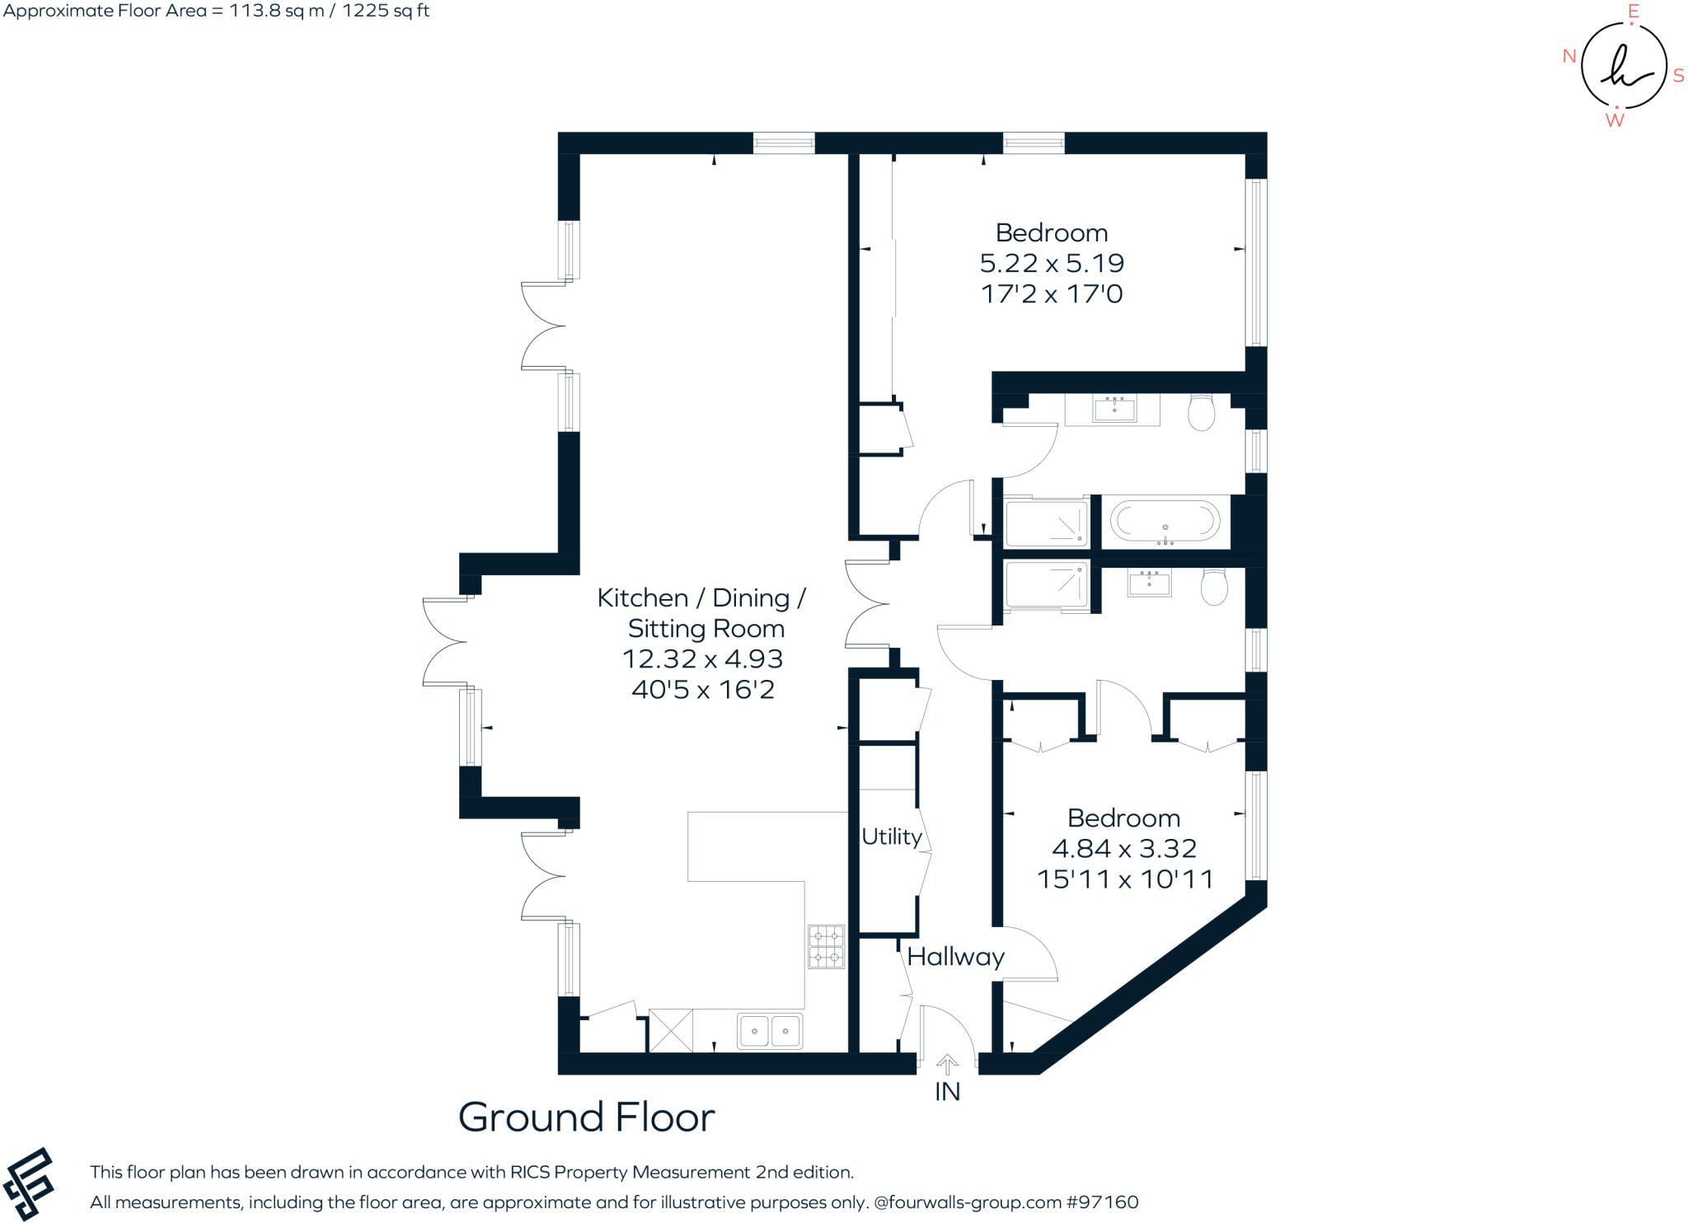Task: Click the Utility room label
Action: pos(891,836)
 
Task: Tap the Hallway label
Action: pos(955,956)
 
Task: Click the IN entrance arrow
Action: pos(947,1065)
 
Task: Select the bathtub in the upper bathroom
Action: pos(1165,521)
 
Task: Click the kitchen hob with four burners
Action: pos(826,946)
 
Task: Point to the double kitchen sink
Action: pos(770,1031)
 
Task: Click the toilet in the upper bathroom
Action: pos(1202,412)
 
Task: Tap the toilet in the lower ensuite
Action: pos(1214,587)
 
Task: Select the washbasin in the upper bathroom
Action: pos(1114,409)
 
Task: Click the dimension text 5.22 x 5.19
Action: pos(1052,263)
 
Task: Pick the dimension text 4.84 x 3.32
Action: pos(1124,848)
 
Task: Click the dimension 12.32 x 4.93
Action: pos(702,658)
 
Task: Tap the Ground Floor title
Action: pos(586,1118)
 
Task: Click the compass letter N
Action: pos(1569,56)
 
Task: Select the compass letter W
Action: pos(1615,120)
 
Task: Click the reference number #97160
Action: pos(1102,1202)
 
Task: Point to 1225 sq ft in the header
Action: pos(386,11)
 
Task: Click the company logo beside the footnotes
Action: pos(29,1183)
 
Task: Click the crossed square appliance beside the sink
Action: pos(671,1031)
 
